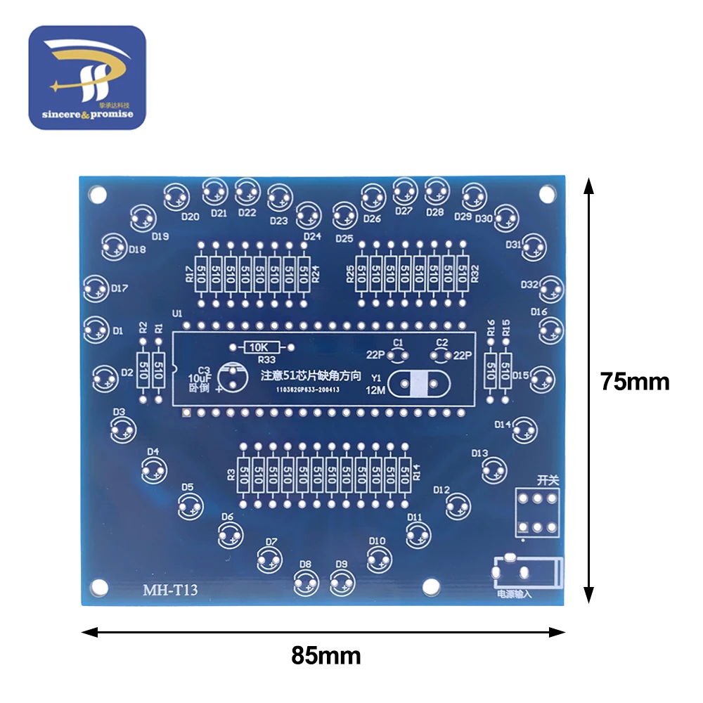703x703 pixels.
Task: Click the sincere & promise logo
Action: [86, 78]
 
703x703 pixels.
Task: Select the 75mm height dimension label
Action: [634, 381]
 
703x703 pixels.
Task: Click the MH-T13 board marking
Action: [170, 590]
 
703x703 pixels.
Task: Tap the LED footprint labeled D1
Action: [96, 328]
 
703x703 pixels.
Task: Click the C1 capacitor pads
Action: [398, 354]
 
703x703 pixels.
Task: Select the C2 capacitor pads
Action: [441, 354]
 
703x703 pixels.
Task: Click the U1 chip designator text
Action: [176, 314]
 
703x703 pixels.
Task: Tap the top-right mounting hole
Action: [545, 193]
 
